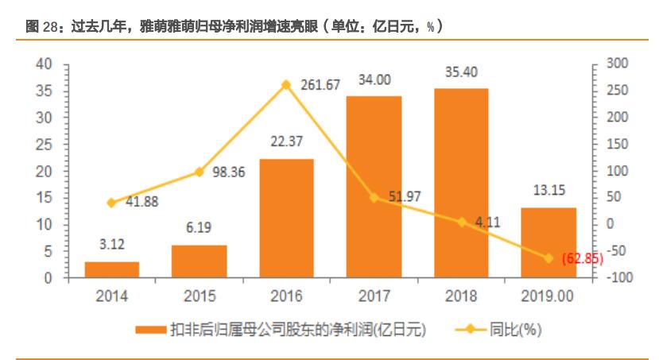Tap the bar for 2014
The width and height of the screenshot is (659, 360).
click(x=112, y=269)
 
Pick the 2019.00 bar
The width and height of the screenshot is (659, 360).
click(x=549, y=242)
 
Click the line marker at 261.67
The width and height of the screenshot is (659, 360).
click(x=286, y=84)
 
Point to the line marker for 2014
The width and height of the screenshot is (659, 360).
click(x=112, y=203)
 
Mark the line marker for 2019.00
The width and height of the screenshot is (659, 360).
click(x=549, y=257)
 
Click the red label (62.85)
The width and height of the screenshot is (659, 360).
click(x=582, y=259)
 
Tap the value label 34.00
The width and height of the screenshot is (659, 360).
click(x=374, y=79)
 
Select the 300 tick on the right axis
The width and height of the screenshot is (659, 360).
click(x=616, y=64)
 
